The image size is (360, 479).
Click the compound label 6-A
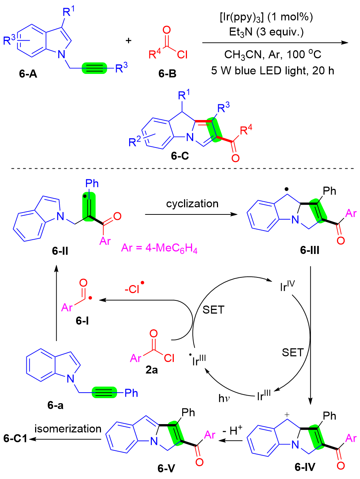(x=28, y=74)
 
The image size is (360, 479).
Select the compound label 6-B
(x=167, y=74)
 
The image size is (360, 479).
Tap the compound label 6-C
(x=180, y=156)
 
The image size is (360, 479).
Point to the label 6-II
(x=60, y=251)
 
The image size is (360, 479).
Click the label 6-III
(x=310, y=250)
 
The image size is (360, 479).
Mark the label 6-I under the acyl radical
(x=82, y=321)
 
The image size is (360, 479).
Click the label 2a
(x=151, y=370)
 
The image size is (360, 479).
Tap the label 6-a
(x=55, y=405)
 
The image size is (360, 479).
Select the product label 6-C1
(x=15, y=438)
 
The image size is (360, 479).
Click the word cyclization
(x=192, y=203)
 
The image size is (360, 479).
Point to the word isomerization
(x=68, y=429)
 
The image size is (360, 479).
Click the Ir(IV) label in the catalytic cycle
(x=287, y=286)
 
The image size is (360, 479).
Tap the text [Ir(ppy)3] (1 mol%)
(x=266, y=17)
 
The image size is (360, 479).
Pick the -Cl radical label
(x=134, y=288)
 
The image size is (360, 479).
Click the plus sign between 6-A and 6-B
(x=128, y=41)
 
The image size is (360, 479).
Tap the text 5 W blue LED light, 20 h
(x=273, y=70)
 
